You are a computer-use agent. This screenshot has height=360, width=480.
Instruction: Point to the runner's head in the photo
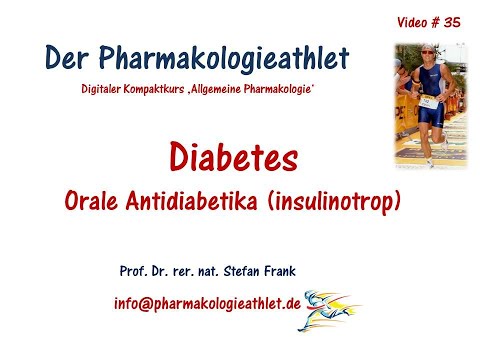click(427, 55)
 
